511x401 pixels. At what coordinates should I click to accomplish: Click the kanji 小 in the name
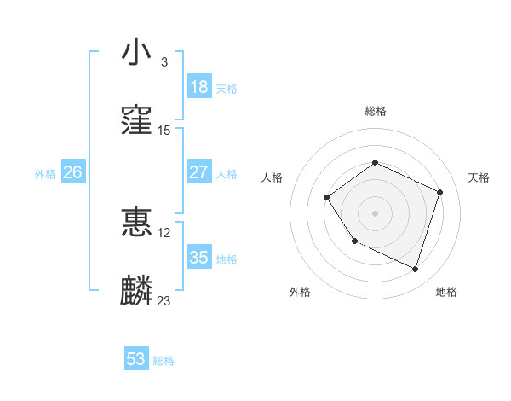click(136, 53)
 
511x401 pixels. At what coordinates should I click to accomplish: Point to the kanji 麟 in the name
click(136, 291)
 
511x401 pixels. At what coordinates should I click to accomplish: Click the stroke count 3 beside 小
click(164, 62)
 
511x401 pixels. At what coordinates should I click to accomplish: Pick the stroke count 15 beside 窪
click(164, 131)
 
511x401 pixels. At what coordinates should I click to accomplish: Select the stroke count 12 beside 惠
click(164, 232)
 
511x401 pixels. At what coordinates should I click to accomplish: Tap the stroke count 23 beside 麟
click(164, 300)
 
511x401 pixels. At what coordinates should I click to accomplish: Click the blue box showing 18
click(198, 87)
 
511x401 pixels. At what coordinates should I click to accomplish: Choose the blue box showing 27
click(198, 172)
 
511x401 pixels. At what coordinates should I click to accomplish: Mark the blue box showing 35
click(198, 258)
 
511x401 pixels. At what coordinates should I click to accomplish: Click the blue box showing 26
click(72, 172)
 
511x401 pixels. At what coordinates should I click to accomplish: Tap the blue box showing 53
click(136, 359)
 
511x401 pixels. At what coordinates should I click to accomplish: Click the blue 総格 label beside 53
click(164, 361)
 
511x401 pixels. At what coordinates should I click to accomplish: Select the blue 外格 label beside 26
click(45, 174)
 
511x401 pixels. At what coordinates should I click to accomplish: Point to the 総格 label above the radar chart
click(375, 111)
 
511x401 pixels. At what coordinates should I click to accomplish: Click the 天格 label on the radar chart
click(479, 177)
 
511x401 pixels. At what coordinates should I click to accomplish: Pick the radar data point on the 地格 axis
click(415, 270)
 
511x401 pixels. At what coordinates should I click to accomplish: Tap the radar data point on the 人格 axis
click(328, 198)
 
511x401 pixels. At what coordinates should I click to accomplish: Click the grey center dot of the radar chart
click(375, 213)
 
